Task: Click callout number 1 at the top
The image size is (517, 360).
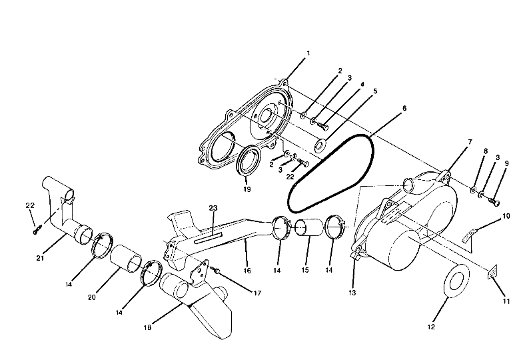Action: pos(307,53)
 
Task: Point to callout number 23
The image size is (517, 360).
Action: pos(213,208)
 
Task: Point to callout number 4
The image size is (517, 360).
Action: pos(362,85)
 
